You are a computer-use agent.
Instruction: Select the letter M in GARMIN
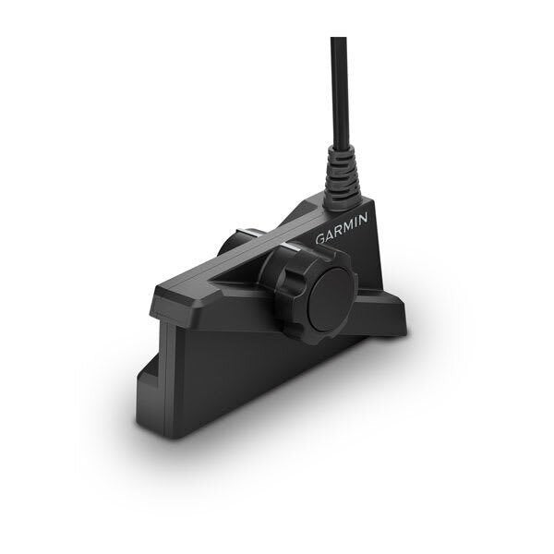(x=345, y=226)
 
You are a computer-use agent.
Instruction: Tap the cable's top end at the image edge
(x=338, y=40)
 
